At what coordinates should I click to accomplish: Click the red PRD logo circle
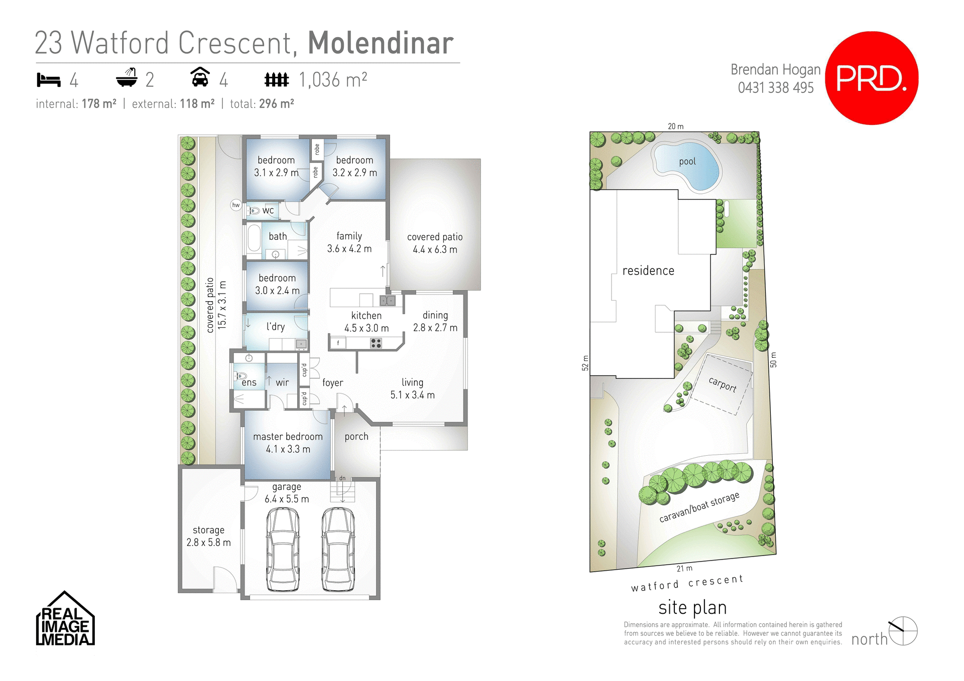(872, 78)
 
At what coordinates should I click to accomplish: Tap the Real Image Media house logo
(65, 619)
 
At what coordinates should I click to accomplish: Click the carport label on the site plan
(722, 384)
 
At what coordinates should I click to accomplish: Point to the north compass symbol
(903, 631)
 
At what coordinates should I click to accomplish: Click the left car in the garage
(283, 549)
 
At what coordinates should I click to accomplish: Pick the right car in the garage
(338, 549)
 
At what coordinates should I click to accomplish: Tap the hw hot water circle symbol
(236, 205)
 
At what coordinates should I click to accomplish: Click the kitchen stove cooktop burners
(376, 343)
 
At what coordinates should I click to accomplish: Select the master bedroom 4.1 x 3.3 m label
(288, 443)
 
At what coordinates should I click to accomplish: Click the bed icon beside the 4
(49, 80)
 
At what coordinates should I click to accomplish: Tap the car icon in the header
(200, 77)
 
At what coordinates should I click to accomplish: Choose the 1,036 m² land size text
(333, 80)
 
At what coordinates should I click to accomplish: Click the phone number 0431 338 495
(775, 88)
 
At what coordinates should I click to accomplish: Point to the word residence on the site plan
(648, 271)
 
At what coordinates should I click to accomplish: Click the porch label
(356, 437)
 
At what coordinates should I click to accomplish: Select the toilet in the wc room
(254, 211)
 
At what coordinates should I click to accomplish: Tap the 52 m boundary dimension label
(585, 363)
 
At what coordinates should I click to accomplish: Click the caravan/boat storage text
(699, 507)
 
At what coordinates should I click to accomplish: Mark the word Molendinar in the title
(381, 43)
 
